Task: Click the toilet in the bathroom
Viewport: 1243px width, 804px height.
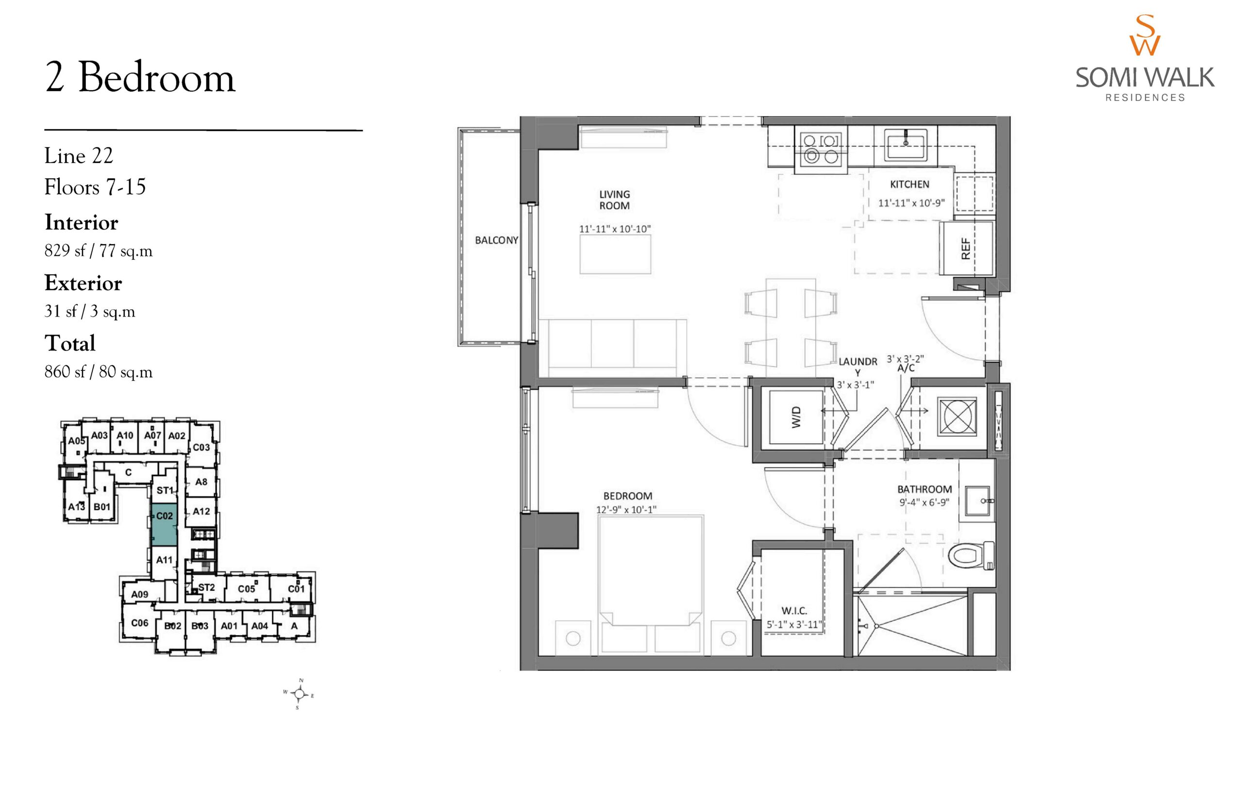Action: click(971, 555)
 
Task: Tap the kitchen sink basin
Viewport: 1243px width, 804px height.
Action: click(905, 145)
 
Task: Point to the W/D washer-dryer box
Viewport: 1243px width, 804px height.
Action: click(796, 417)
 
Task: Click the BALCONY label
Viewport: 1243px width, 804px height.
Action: click(496, 240)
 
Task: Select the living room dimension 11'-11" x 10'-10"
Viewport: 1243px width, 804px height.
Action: click(614, 229)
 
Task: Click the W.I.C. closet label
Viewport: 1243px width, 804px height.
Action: click(794, 610)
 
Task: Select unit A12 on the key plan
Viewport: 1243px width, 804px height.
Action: click(201, 511)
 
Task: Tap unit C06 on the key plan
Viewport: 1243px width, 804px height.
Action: click(139, 623)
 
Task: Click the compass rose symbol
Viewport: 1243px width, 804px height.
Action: click(299, 694)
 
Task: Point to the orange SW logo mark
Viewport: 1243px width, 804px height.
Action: click(1145, 35)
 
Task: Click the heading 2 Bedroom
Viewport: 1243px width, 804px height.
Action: click(140, 78)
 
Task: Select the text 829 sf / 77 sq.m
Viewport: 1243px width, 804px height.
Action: click(98, 251)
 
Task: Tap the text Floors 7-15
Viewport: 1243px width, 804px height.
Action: click(95, 187)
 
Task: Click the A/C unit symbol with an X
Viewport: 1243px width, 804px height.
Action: click(957, 417)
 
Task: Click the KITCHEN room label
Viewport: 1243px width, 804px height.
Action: click(909, 184)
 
